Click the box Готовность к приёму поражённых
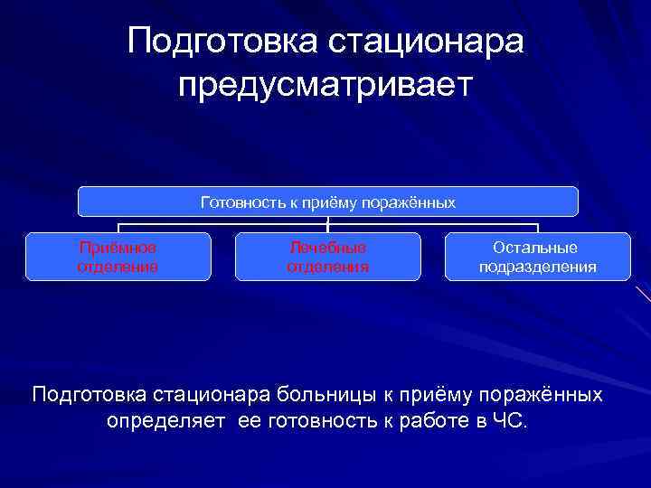pyautogui.click(x=327, y=202)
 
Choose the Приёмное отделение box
pyautogui.click(x=118, y=257)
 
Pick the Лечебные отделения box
pyautogui.click(x=327, y=257)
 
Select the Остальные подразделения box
pyautogui.click(x=537, y=257)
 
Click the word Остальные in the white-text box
pyautogui.click(x=537, y=247)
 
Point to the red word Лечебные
pyautogui.click(x=327, y=247)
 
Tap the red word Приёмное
pyautogui.click(x=118, y=247)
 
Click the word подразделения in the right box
pyautogui.click(x=537, y=267)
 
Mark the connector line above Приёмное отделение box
pyautogui.click(x=118, y=228)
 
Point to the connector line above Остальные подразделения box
pyautogui.click(x=537, y=228)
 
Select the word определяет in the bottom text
pyautogui.click(x=165, y=421)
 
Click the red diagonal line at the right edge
pyautogui.click(x=643, y=293)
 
